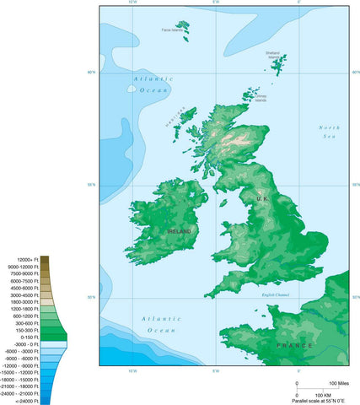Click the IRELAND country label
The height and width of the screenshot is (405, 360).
(x=179, y=230)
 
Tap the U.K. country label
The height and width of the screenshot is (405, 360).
(x=261, y=198)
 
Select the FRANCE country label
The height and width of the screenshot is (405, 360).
(x=294, y=345)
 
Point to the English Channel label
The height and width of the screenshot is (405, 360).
(x=275, y=294)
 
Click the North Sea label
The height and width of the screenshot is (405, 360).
(x=329, y=132)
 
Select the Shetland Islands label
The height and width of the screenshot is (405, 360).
(x=273, y=55)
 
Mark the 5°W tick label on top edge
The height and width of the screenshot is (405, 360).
(x=216, y=3)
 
